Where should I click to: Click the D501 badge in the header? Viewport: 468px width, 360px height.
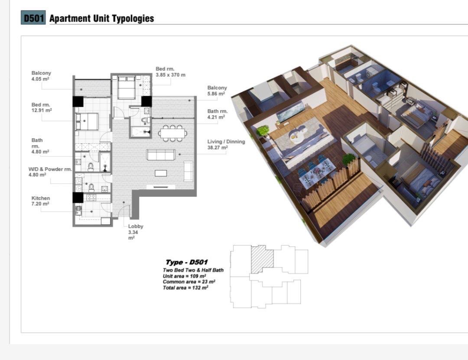pyautogui.click(x=33, y=18)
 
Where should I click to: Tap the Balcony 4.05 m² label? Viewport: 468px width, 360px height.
pyautogui.click(x=41, y=76)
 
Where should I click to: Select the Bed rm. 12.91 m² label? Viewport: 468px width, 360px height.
pyautogui.click(x=42, y=107)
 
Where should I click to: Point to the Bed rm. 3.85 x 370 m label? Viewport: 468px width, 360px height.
pyautogui.click(x=170, y=72)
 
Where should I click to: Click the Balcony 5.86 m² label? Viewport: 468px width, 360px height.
pyautogui.click(x=217, y=91)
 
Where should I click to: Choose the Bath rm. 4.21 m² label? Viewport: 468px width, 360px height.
pyautogui.click(x=217, y=114)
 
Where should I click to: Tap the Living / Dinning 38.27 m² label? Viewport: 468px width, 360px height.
pyautogui.click(x=226, y=145)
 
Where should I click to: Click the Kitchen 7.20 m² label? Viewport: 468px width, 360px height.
pyautogui.click(x=41, y=201)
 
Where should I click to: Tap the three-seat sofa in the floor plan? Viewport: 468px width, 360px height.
pyautogui.click(x=161, y=155)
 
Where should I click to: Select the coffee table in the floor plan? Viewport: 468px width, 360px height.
pyautogui.click(x=161, y=173)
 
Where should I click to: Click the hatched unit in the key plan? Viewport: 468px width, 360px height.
pyautogui.click(x=262, y=259)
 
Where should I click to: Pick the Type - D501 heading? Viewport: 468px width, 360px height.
pyautogui.click(x=186, y=263)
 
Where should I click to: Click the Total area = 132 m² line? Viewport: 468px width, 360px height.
pyautogui.click(x=185, y=288)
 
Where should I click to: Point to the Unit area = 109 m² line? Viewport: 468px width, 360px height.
pyautogui.click(x=184, y=276)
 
